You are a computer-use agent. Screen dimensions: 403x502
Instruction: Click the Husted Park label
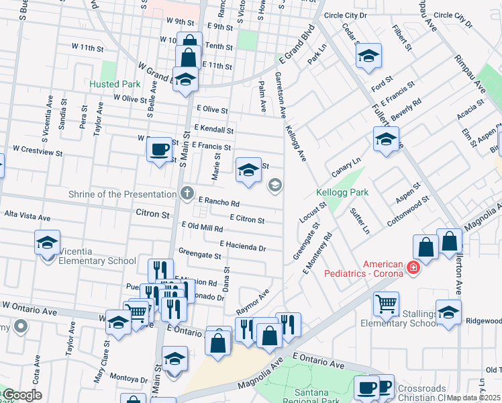coord(115,85)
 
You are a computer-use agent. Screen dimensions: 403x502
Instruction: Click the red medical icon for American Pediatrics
coord(413,269)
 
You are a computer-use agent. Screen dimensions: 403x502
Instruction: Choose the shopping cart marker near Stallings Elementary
coord(385,304)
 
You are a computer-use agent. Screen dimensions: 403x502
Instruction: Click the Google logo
coord(21,395)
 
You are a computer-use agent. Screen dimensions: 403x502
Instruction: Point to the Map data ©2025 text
coord(474,398)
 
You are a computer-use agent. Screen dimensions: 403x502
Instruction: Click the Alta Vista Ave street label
coord(28,218)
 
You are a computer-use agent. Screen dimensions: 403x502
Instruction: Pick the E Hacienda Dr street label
coord(242,247)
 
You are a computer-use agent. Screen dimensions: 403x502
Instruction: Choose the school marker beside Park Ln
coord(368,56)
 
